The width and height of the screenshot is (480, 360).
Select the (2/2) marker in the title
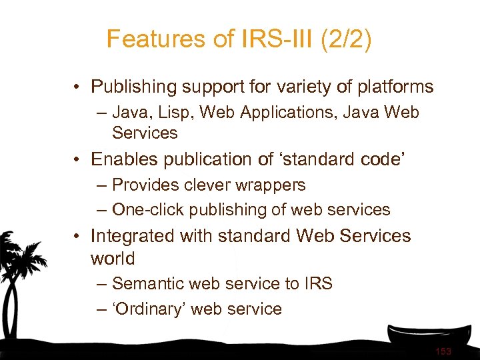point(346,39)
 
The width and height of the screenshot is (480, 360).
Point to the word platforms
point(394,87)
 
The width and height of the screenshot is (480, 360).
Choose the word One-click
point(148,209)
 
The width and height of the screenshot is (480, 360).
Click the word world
point(113,259)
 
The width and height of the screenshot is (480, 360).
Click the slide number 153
point(443,351)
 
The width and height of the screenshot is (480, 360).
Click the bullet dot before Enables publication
point(78,160)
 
